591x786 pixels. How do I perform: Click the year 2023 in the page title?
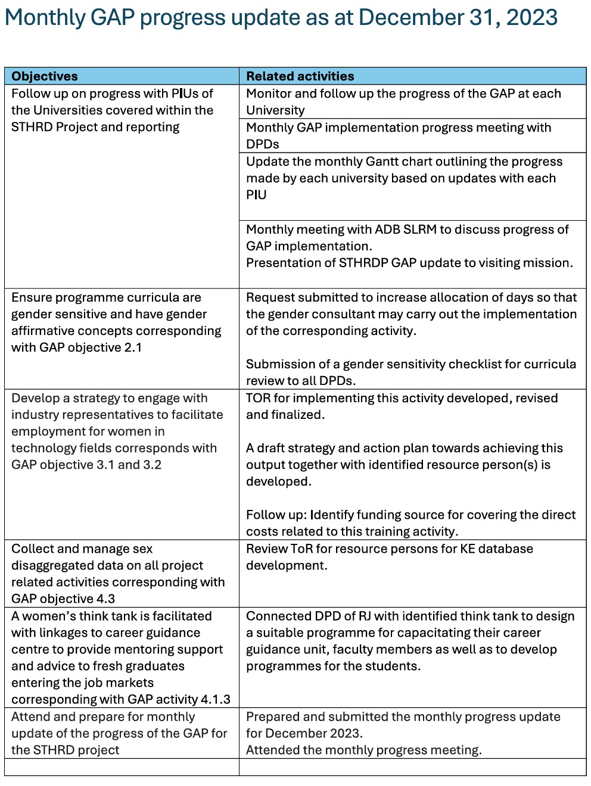pos(531,18)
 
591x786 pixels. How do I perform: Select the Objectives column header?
pos(45,76)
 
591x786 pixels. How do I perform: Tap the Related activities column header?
pos(300,76)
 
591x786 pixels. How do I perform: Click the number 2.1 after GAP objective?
pos(132,347)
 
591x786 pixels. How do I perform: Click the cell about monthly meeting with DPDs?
pos(412,136)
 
